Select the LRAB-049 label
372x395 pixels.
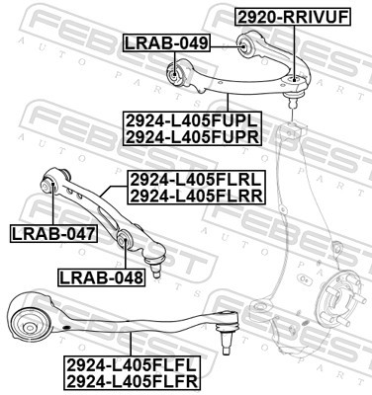pos(166,42)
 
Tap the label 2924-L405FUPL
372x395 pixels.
pos(192,119)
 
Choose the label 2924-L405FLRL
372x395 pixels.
pos(195,181)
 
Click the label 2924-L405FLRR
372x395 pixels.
pos(195,197)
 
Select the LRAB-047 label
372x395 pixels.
pos(51,234)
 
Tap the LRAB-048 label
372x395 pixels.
pos(101,277)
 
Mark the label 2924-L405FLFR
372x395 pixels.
pos(132,381)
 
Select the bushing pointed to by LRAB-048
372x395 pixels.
pos(125,240)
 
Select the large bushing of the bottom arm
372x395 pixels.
pos(32,320)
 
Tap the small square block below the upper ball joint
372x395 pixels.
pos(294,130)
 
